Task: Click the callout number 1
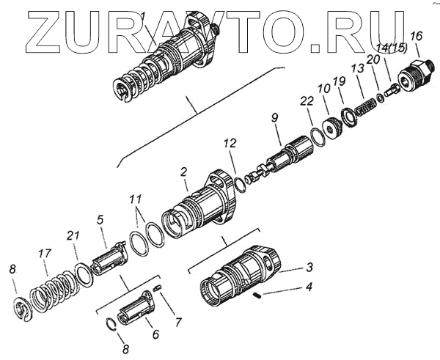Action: pos(143,17)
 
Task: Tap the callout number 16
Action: pos(417,36)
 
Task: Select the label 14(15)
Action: pos(391,48)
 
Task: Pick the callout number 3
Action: pos(310,267)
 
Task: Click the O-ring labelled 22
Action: pos(316,136)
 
